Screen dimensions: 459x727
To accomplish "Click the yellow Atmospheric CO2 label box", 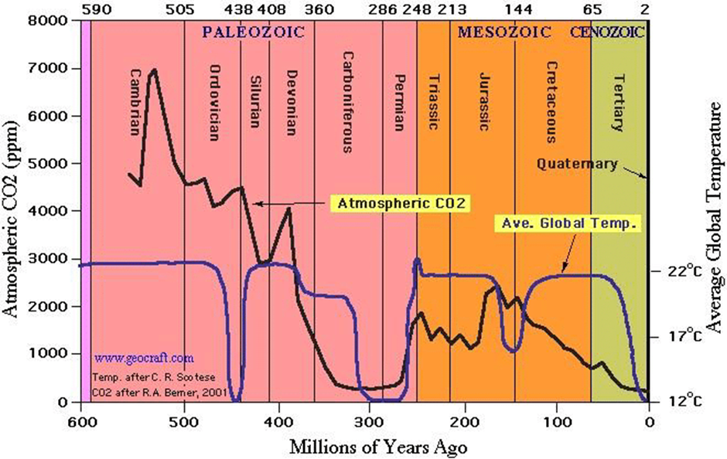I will point(401,203).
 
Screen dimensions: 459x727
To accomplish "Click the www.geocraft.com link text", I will point(144,359).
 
